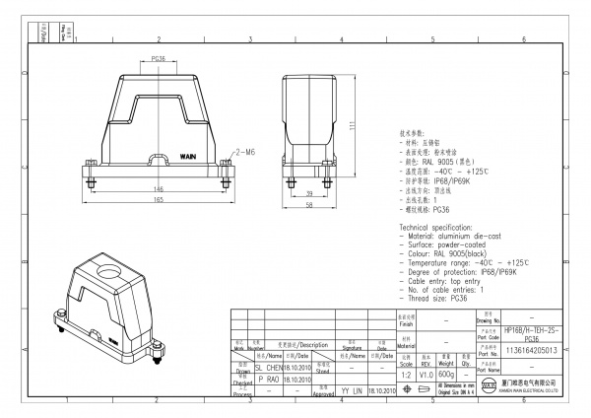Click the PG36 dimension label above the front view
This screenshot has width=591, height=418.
pos(158,60)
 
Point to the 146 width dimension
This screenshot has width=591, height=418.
pos(157,188)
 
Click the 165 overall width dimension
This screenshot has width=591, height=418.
pos(157,200)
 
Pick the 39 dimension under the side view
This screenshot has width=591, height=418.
pos(309,193)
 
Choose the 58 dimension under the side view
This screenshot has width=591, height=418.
pos(309,206)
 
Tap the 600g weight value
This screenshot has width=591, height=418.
pos(445,375)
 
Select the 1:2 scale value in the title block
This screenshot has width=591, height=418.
pos(405,375)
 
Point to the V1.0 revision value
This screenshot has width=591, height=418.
pos(426,375)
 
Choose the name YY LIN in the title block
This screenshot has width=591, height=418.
pos(352,390)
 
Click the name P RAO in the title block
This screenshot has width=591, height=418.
pos(268,378)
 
